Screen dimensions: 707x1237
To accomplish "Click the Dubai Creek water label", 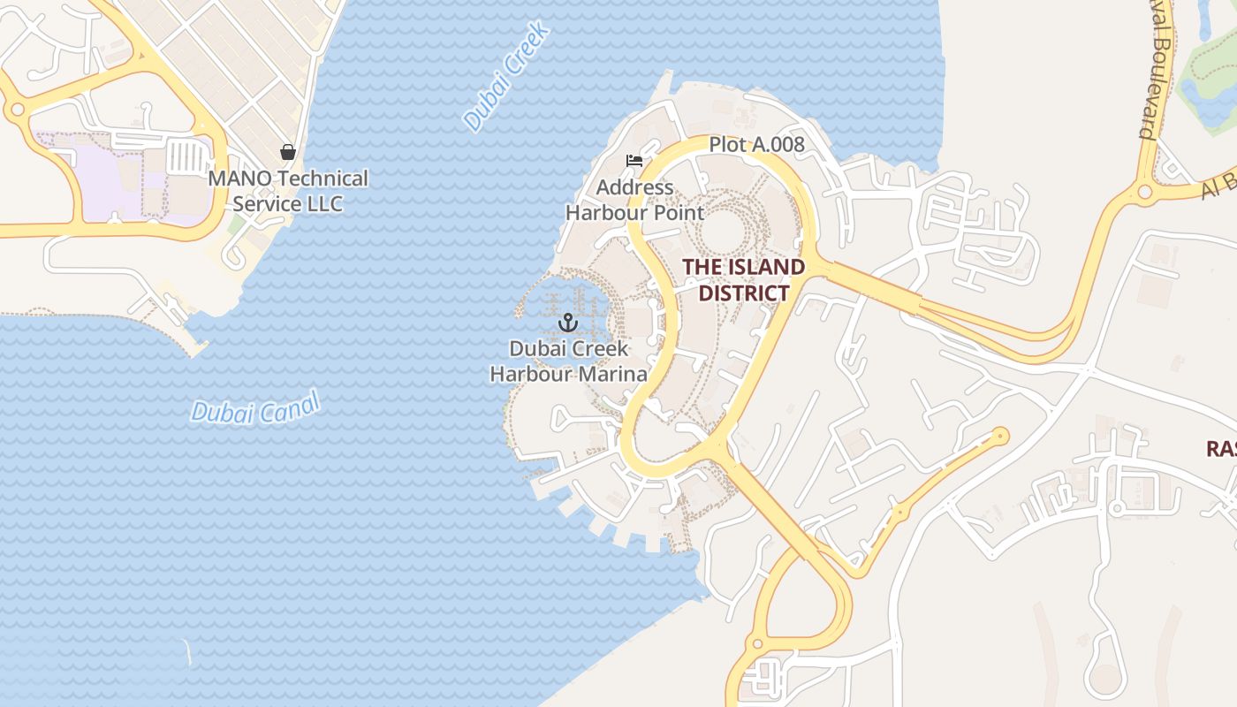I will pos(507,77).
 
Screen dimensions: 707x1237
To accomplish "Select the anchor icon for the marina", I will pos(567,323).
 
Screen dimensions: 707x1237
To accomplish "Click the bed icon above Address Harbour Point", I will pos(634,161).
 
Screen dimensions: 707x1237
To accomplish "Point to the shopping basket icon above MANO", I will pos(287,152).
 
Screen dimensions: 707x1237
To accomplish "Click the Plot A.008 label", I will pos(756,144).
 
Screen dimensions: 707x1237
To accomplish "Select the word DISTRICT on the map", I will pos(743,293).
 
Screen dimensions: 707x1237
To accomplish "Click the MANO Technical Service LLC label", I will pos(288,191).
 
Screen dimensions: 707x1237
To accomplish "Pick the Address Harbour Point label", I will pos(634,201).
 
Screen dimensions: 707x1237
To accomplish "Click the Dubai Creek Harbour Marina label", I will pos(568,361).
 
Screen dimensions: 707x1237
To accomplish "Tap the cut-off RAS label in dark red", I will pos(1222,449).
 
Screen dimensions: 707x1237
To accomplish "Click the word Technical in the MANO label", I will pos(322,179).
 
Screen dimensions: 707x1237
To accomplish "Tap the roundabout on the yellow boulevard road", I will pos(1145,191).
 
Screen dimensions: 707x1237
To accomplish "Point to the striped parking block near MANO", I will pos(186,158).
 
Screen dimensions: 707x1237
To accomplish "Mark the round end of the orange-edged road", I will pos(1000,435).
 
